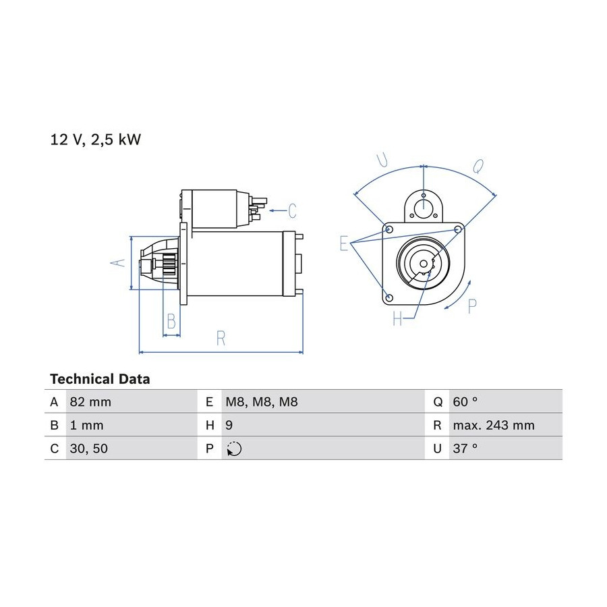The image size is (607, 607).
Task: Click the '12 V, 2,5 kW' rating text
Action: coord(96,140)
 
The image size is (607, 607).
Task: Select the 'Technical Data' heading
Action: coord(100,379)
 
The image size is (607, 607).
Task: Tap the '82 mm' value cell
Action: coord(90,402)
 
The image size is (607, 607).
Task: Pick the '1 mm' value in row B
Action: coord(87,425)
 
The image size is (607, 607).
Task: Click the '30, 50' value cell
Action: coord(88,449)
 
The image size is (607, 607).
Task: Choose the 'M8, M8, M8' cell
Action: coord(262,402)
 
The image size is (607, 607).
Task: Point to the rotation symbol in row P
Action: coord(234,449)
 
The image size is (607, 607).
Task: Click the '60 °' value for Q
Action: coord(465,402)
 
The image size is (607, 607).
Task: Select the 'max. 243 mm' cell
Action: coord(494,425)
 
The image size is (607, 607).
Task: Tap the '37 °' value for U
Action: coord(465,449)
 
